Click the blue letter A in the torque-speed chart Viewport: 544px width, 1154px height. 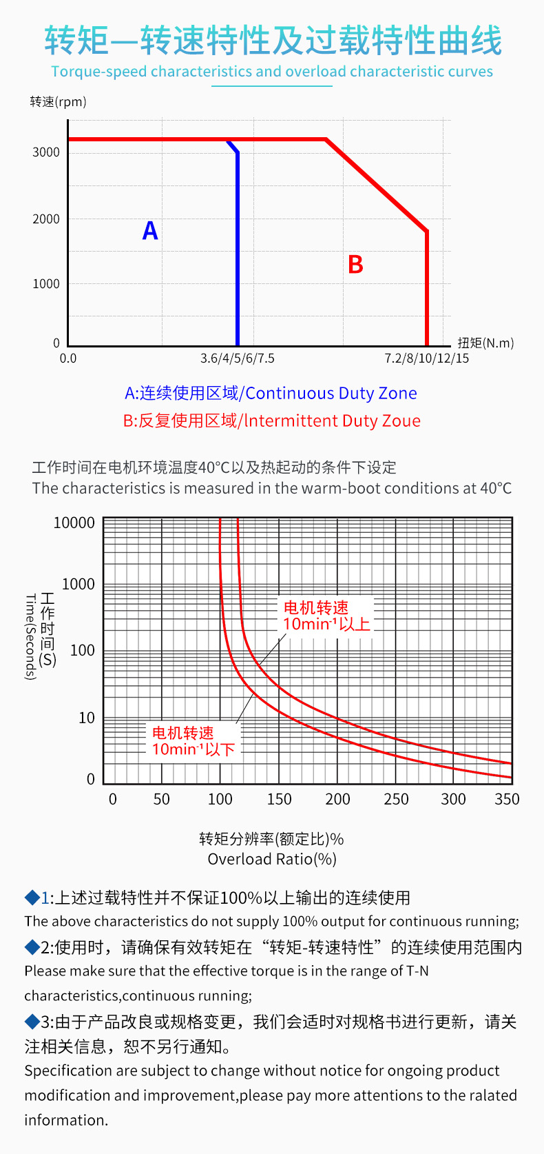point(150,230)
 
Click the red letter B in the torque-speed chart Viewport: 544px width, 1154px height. point(355,265)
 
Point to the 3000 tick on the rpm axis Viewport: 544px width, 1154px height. point(46,152)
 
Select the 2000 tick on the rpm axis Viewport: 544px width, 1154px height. point(46,219)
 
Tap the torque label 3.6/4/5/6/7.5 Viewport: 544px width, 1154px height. point(238,358)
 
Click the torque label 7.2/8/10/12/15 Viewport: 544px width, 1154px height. point(427,358)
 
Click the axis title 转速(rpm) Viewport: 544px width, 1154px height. point(59,102)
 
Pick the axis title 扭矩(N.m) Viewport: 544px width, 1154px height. point(485,343)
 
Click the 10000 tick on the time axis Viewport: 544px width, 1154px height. point(74,523)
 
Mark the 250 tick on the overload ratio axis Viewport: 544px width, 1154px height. point(396,799)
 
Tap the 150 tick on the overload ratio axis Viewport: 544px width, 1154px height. point(279,799)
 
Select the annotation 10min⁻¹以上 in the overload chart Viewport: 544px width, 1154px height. point(326,624)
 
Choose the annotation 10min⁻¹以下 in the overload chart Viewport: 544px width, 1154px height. point(193,749)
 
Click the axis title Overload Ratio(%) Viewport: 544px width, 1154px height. point(272,859)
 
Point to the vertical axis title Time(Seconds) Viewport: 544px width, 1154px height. point(30,637)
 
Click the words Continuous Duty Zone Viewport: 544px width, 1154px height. point(331,393)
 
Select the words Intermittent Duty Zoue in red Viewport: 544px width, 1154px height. point(333,421)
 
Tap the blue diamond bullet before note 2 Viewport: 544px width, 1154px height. point(32,947)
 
